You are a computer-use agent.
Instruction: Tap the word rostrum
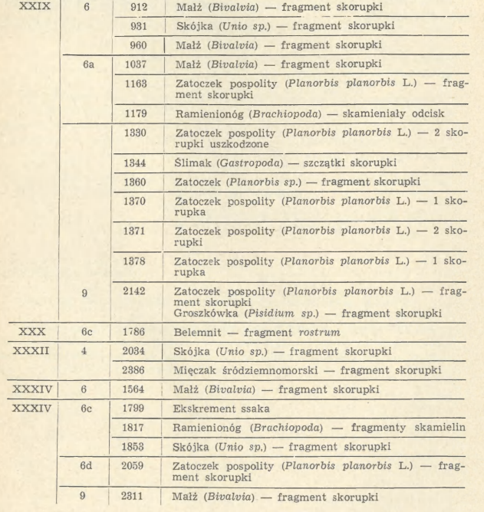[x=347, y=333]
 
